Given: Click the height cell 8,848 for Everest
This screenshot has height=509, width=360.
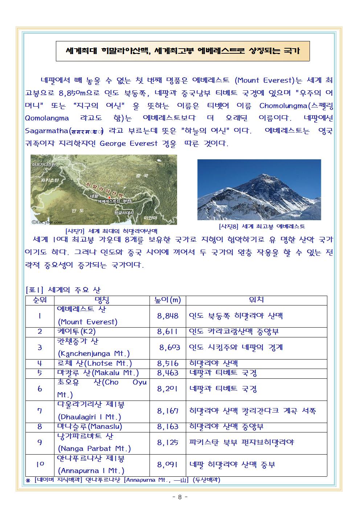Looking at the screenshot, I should pos(168,316).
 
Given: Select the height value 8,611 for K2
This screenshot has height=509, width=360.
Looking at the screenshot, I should pos(168,332).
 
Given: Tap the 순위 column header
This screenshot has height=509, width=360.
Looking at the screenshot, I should pos(40,300).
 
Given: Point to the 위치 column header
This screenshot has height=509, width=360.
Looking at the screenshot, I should pos(256,300).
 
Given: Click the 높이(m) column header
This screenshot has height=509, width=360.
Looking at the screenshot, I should pos(168,300).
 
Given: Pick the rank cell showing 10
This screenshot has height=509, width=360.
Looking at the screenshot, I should pos(40,464).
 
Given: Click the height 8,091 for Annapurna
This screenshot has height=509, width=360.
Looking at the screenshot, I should pos(168,464).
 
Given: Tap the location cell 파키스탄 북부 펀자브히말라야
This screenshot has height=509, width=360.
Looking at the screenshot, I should pos(241,442).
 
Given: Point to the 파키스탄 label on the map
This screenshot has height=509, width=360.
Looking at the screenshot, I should pos(50,180).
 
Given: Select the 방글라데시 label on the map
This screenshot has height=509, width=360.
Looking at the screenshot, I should pos(124,212).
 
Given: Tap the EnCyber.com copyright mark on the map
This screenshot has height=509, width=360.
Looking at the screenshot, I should pos(47,222).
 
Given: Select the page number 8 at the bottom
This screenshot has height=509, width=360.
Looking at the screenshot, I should pos(179,497).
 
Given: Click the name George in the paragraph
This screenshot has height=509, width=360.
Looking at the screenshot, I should pos(112,144).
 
